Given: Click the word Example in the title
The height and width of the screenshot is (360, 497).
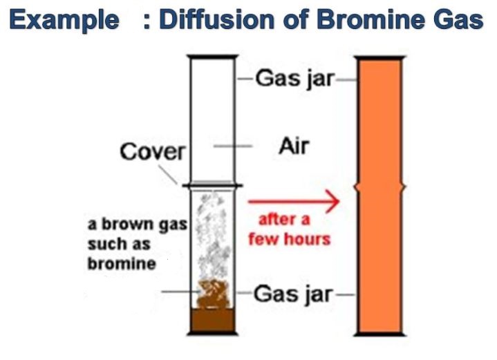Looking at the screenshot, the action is point(64,19).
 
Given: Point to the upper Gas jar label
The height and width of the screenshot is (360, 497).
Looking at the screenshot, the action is point(294,78).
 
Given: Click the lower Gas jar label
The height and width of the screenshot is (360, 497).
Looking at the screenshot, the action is point(293,294).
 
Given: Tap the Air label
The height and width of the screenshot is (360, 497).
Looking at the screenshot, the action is point(294,146).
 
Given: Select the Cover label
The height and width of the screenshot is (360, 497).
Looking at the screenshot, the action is point(153,151).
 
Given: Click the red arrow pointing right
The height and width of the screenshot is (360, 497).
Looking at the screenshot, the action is point(294,201).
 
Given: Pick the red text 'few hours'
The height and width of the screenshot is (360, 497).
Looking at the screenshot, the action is point(290,238).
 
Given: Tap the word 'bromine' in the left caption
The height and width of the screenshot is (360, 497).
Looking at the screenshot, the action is point(122,264).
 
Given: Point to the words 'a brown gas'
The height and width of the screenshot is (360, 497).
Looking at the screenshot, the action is point(138,225).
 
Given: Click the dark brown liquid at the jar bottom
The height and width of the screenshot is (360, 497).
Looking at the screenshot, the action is point(213,320).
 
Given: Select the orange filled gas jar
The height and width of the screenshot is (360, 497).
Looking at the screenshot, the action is point(379,196).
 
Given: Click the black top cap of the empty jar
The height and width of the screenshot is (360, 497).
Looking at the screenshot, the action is point(212,57).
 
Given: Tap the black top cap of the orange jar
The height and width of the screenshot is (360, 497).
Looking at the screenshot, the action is point(379,58).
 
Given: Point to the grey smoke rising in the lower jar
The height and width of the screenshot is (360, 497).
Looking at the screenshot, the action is point(213,234).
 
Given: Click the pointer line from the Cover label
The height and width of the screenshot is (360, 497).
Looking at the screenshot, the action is point(168,175).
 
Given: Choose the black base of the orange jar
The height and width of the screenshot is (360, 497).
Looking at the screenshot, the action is point(379,334).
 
